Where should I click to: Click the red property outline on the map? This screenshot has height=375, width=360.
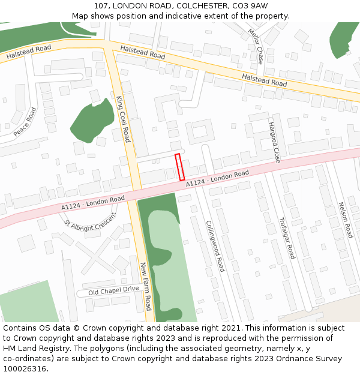pyautogui.click(x=179, y=167)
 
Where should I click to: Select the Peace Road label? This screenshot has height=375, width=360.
pyautogui.click(x=25, y=122)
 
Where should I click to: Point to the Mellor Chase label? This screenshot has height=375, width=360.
pyautogui.click(x=256, y=47)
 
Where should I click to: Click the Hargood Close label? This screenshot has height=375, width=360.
pyautogui.click(x=274, y=142)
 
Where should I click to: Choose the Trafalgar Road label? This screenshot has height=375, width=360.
pyautogui.click(x=287, y=238)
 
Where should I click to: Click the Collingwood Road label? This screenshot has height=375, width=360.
pyautogui.click(x=215, y=245)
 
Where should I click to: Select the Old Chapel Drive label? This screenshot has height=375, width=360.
pyautogui.click(x=113, y=290)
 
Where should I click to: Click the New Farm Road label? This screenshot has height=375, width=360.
pyautogui.click(x=146, y=286)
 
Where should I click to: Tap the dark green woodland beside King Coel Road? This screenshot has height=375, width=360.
pyautogui.click(x=92, y=121)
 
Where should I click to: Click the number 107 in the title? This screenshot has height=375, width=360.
pyautogui.click(x=101, y=5)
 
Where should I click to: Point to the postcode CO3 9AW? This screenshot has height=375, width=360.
pyautogui.click(x=248, y=5)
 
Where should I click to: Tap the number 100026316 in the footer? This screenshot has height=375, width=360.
pyautogui.click(x=24, y=369)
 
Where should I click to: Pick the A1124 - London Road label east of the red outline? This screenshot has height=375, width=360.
pyautogui.click(x=217, y=178)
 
